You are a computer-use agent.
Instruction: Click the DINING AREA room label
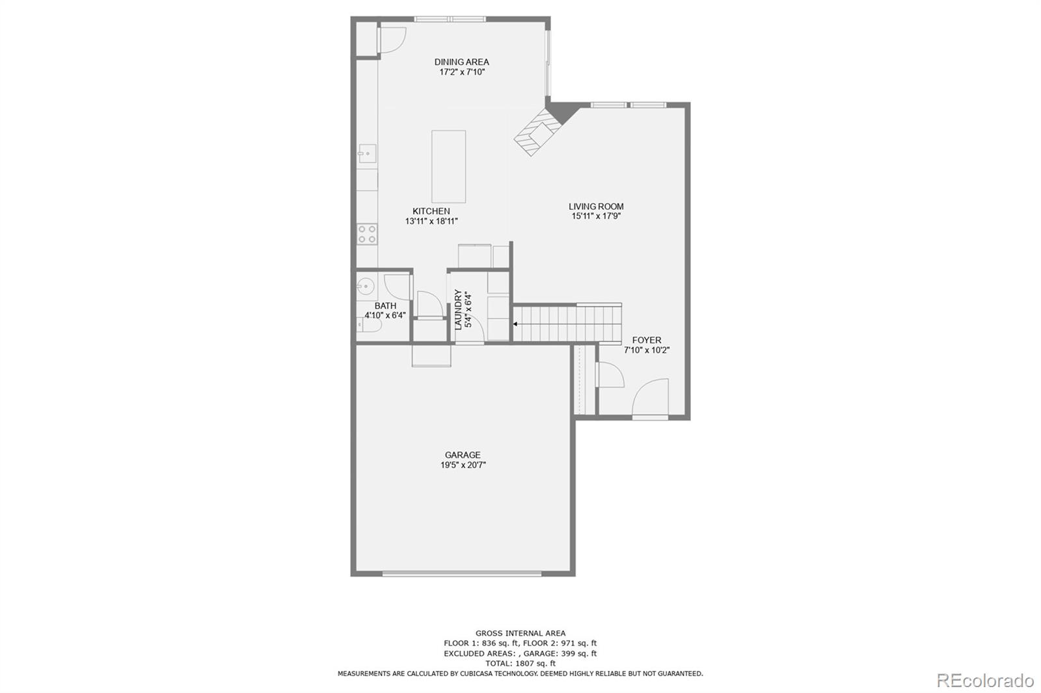461,62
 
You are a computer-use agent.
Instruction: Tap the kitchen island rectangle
448,166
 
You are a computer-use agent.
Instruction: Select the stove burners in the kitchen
367,234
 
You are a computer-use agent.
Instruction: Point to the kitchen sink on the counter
366,154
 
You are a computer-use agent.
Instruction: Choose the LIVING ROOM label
596,207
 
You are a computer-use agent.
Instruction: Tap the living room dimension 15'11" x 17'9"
596,216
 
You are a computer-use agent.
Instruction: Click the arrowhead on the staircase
516,323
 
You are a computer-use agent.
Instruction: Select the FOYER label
646,340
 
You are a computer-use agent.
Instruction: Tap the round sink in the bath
365,285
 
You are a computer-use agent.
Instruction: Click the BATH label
385,306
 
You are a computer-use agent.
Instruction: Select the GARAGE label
463,455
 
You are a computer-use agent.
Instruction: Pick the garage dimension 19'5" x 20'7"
463,465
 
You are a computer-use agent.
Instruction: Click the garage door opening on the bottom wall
461,573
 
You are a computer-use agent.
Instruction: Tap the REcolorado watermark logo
984,681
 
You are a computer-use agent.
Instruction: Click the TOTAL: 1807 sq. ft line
520,664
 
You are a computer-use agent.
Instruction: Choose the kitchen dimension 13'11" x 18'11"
431,221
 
